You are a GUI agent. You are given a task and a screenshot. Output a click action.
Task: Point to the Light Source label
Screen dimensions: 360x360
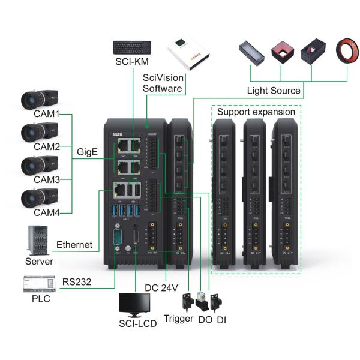coord(274,91)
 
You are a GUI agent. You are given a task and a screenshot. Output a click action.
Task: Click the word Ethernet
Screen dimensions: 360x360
coord(74,245)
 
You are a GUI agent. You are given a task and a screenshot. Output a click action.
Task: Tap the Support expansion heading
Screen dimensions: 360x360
coord(256,112)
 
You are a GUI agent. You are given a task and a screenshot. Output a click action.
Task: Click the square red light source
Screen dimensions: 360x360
coord(281,53)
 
